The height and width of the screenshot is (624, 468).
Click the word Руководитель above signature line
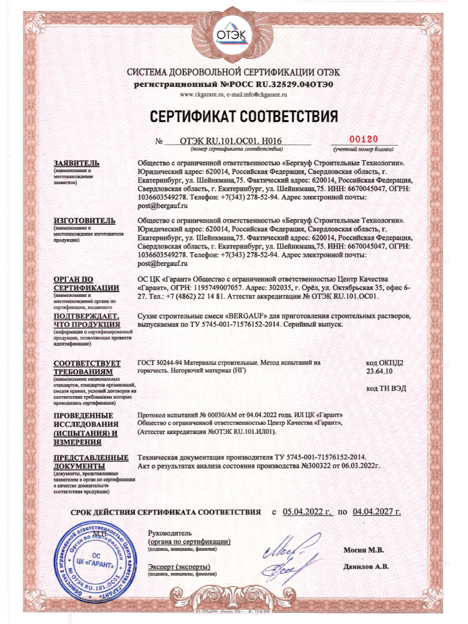170,534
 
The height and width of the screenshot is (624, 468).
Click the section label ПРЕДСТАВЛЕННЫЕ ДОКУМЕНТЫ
91,462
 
